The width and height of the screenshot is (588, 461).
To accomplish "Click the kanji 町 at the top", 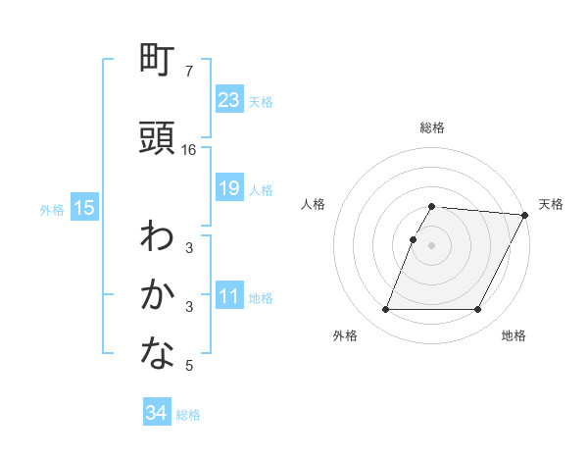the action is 158,61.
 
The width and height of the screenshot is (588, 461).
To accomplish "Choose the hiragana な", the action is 158,354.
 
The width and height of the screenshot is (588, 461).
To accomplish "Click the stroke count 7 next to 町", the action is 189,72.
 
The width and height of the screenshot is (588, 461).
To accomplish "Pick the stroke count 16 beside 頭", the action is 189,150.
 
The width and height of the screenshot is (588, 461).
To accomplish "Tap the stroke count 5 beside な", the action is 189,366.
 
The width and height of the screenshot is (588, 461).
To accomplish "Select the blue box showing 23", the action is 229,100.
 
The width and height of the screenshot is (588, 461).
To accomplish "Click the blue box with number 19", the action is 229,188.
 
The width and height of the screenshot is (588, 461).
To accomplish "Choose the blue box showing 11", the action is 229,296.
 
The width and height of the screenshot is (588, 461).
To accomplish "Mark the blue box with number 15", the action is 84,207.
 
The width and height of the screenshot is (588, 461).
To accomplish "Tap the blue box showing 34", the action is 157,413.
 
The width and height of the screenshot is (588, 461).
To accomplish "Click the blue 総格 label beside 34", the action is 188,415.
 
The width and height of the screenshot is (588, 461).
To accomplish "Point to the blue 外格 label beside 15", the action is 52,209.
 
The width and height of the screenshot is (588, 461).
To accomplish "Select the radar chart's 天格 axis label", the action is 551,204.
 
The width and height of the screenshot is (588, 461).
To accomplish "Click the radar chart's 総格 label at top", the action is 432,128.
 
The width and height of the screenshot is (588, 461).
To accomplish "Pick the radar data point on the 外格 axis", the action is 385,310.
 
